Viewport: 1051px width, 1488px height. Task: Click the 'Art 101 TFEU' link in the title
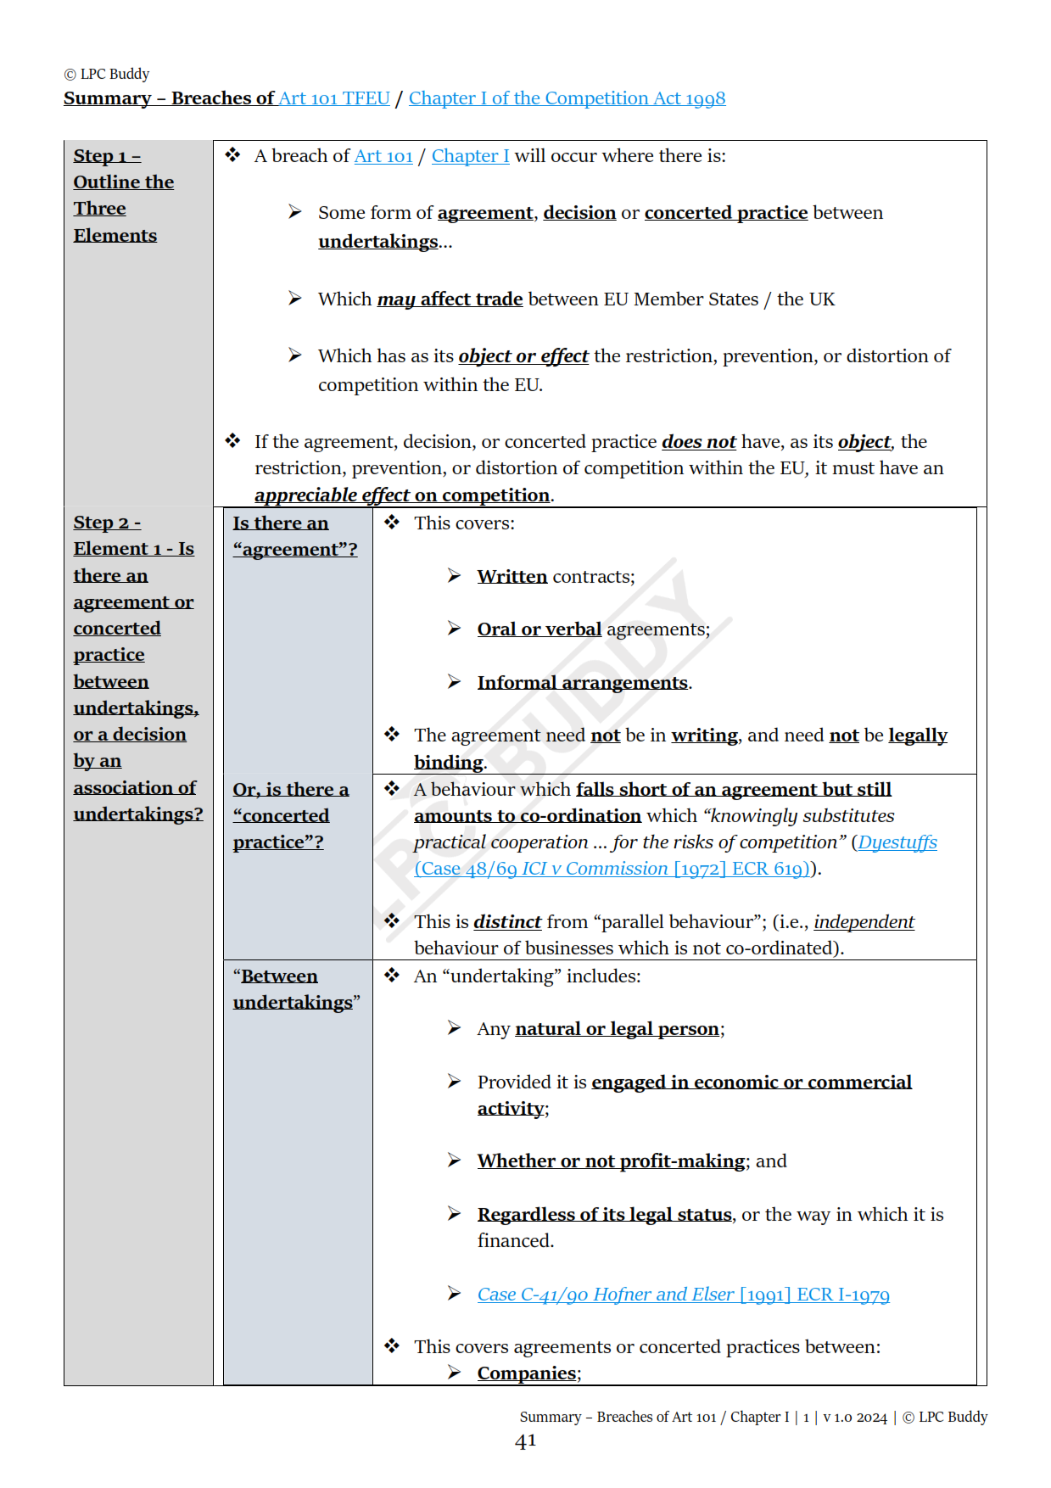tap(334, 98)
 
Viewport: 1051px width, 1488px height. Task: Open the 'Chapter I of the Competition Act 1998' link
tap(567, 98)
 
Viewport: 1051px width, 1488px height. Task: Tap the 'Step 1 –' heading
tap(107, 156)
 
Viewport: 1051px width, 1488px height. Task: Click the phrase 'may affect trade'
tap(450, 299)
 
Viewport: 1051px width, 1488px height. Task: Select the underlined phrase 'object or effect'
tap(523, 356)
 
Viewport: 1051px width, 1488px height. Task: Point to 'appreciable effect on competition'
tap(402, 495)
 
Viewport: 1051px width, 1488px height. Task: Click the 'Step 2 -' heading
tap(107, 523)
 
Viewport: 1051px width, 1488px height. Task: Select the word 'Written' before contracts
tap(512, 577)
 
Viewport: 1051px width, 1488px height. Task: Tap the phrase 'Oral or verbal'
tap(539, 629)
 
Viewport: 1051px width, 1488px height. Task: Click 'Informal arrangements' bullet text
tap(582, 683)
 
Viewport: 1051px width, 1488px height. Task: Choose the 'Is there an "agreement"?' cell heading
tap(294, 536)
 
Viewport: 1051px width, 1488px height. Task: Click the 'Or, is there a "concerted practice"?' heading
tap(289, 815)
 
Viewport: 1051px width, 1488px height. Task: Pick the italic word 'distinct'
tap(507, 922)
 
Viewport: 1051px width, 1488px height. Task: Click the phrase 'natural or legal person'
tap(617, 1029)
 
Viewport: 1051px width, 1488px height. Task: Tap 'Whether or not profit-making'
tap(611, 1161)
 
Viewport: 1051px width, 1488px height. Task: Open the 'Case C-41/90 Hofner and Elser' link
tap(683, 1295)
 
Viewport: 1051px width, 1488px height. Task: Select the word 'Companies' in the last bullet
tap(526, 1373)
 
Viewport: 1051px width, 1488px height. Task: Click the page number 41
tap(526, 1440)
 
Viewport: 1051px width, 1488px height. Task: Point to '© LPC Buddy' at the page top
tap(107, 75)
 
